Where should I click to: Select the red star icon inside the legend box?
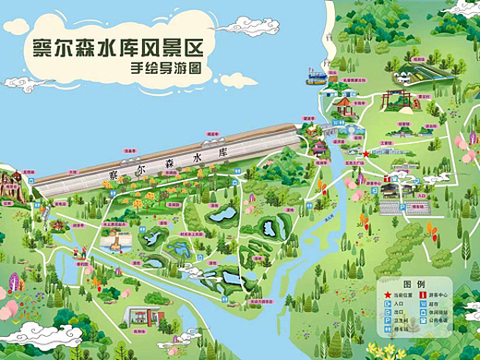pos(388,296)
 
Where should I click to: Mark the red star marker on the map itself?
pos(366,153)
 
